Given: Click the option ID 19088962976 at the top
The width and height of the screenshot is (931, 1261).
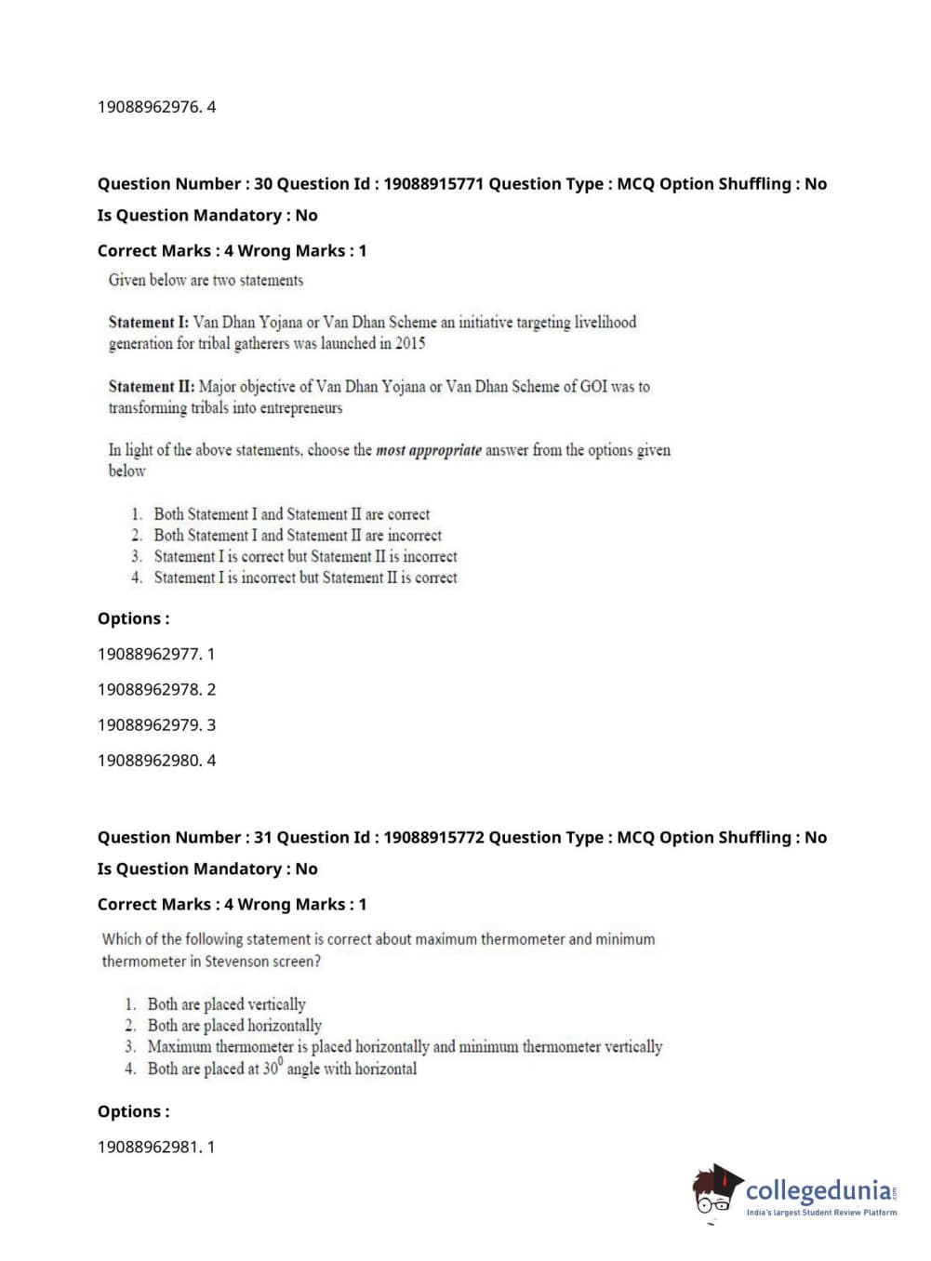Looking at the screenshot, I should (x=156, y=107).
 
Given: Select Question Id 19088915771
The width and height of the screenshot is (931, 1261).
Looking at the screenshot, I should (x=433, y=184).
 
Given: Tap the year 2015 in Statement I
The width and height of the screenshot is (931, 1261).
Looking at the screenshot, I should (x=410, y=343).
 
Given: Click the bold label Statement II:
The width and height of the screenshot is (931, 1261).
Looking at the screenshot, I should (x=152, y=386).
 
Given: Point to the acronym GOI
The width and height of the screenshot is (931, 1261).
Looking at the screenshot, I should (x=593, y=386).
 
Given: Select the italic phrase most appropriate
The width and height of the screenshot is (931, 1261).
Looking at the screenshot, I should (x=429, y=450).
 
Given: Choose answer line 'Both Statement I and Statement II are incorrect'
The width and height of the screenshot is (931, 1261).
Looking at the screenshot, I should (x=298, y=536).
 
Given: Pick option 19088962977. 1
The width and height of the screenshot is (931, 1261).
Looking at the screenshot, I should (x=156, y=654).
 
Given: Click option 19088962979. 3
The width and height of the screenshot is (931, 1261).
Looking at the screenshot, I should (x=156, y=724).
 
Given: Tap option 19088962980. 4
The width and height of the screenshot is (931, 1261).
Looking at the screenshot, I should (x=156, y=760).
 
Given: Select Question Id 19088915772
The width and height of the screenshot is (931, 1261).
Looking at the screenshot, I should (x=433, y=837).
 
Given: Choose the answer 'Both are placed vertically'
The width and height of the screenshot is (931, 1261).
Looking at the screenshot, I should (x=226, y=1004).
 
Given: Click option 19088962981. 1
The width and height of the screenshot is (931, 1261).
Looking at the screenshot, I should (x=156, y=1147).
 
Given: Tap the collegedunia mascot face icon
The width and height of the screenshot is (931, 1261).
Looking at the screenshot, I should (x=714, y=1191).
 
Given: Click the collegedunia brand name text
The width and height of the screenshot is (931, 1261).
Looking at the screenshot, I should (x=818, y=1190).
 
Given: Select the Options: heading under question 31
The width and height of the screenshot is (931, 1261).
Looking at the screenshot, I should (x=134, y=1111).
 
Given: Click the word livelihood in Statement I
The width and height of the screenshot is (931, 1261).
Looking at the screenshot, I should (x=605, y=322).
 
